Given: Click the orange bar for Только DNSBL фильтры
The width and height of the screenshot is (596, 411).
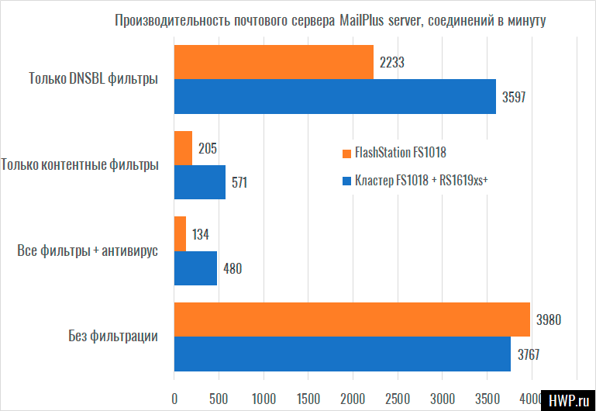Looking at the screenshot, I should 274,62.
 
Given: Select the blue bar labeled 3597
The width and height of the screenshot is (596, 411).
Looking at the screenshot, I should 335,96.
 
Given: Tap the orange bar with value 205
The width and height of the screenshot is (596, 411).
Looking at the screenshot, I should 183,148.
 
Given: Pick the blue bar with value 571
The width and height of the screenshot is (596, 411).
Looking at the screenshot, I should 199,182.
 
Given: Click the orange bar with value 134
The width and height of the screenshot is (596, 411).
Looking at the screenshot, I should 180,233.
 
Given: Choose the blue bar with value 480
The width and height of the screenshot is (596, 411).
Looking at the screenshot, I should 195,268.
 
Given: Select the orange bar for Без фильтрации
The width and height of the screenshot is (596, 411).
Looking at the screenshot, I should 352,319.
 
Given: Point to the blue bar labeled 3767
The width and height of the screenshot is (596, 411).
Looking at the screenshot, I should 342,354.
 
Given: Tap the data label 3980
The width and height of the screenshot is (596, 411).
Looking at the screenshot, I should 549,319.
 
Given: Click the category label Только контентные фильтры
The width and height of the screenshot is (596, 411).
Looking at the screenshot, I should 81,164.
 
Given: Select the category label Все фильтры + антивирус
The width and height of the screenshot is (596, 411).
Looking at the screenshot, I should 87,250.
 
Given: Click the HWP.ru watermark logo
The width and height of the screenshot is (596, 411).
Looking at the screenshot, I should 569,399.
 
